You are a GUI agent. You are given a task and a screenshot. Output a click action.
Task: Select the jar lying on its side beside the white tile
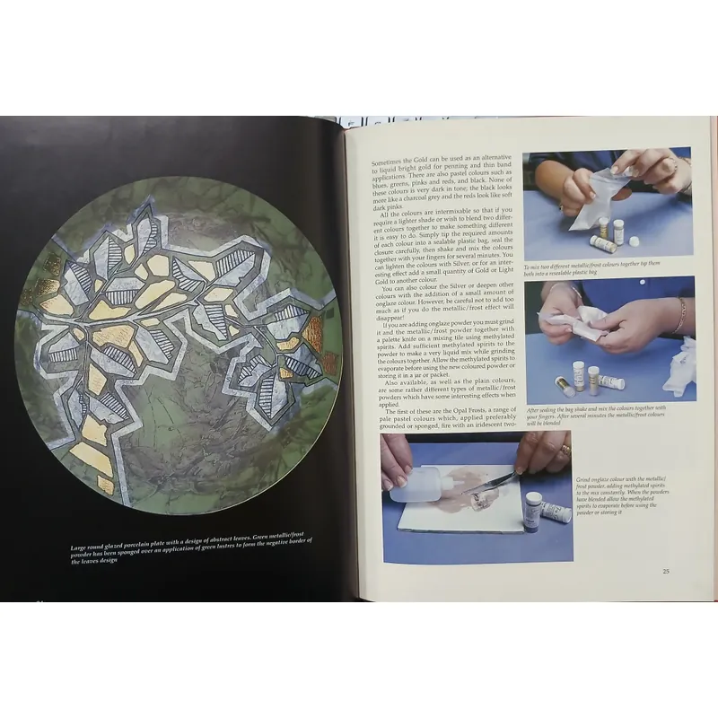pos(556,512)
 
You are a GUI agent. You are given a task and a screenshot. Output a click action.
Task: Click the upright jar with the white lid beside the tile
pos(533,509)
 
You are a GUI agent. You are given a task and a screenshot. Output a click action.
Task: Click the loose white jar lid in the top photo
pos(635,241)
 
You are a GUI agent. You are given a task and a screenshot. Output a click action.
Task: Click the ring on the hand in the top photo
pos(670,164)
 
